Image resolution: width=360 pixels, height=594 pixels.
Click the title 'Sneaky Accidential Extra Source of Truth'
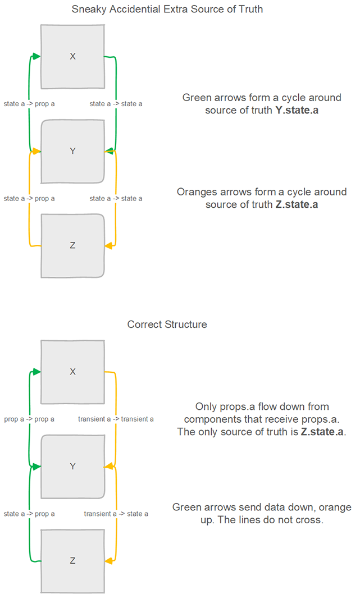point(167,9)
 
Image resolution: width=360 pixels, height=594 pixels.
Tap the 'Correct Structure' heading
point(167,325)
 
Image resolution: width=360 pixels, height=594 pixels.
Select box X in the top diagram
point(72,56)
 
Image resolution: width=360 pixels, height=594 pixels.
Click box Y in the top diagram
point(72,151)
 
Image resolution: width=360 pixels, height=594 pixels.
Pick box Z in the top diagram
point(72,245)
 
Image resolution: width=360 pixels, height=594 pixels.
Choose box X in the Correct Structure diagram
point(72,372)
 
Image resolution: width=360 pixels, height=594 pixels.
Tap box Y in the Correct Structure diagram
point(72,466)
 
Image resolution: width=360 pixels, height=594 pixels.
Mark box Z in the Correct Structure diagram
point(72,560)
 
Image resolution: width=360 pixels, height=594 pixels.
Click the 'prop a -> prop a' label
point(29,419)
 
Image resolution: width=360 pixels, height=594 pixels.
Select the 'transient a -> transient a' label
point(116,419)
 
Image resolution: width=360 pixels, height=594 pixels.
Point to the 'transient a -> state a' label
point(116,514)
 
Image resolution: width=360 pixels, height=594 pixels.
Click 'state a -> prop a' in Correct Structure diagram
point(29,514)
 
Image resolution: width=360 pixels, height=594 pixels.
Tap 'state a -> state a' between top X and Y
point(116,104)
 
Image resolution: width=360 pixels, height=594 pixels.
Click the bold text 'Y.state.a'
point(297,110)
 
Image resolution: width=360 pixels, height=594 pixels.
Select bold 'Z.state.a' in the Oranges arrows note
point(297,204)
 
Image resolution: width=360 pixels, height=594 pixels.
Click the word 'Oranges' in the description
point(195,192)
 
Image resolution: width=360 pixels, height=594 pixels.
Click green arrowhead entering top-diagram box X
point(37,56)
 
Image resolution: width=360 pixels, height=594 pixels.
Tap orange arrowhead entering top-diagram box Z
point(108,245)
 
